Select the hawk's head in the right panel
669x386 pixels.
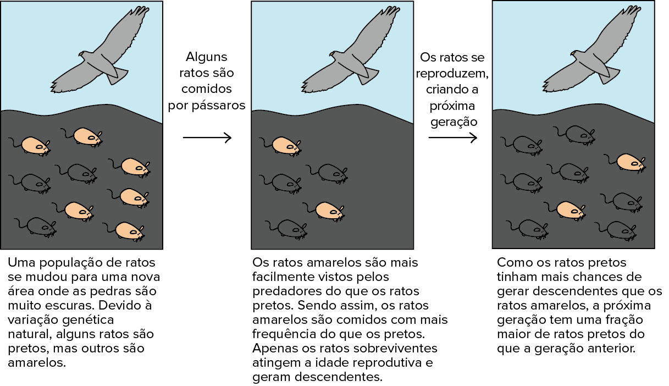click(575, 54)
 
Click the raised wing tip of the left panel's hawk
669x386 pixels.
click(142, 11)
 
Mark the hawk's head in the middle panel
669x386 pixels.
click(334, 55)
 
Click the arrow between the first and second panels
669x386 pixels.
click(207, 137)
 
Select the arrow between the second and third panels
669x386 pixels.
click(452, 137)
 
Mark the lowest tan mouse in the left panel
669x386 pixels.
click(129, 230)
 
